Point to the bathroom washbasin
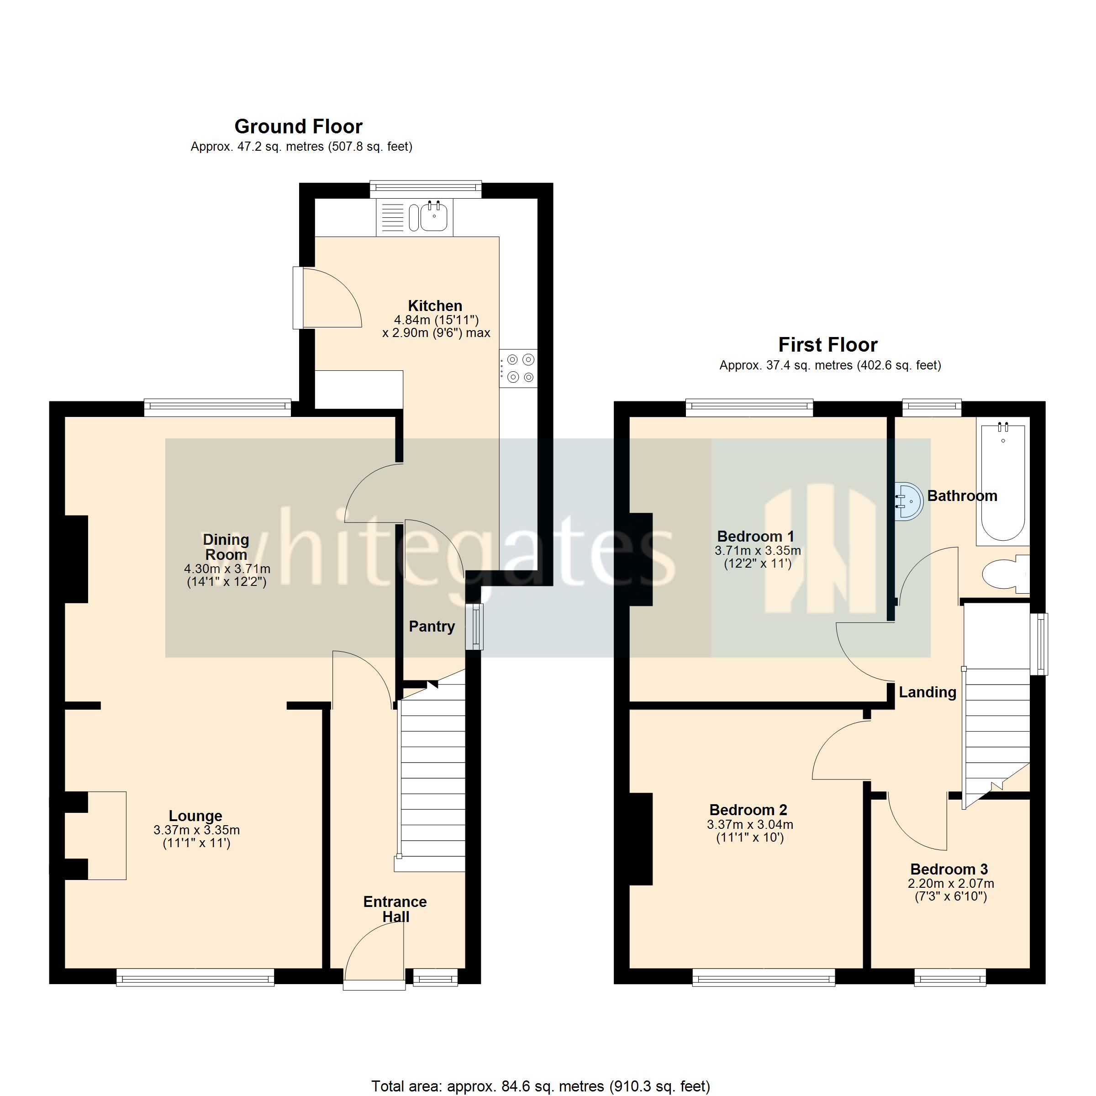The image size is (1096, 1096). point(908,501)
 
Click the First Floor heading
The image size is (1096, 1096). point(827,344)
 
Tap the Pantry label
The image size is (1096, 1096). point(432,626)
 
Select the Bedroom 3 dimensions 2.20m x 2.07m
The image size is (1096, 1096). point(950,883)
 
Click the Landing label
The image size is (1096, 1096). point(927,692)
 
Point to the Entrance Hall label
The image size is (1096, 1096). point(395,909)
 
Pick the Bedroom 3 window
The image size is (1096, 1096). point(950,977)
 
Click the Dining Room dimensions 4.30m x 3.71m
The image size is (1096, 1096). point(227,569)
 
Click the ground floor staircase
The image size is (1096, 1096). point(432,783)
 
